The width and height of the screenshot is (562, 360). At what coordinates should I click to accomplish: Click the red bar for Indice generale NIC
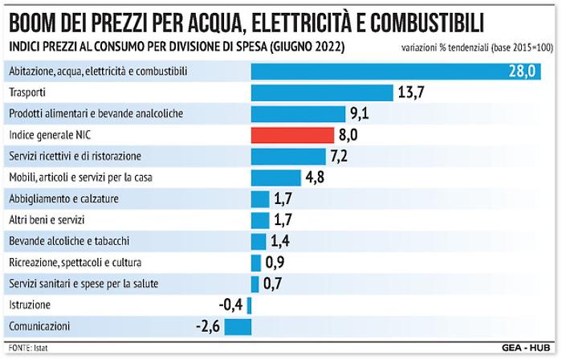coord(292,135)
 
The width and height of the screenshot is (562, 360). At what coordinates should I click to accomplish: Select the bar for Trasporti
coord(322,92)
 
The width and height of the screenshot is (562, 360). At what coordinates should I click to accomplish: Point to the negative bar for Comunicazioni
coord(238,326)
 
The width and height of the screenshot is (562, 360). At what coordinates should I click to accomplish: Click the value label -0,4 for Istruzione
coord(230,305)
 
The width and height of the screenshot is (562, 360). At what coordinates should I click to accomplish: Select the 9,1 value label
coord(359,113)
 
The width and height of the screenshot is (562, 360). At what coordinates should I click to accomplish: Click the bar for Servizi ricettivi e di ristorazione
coord(288,156)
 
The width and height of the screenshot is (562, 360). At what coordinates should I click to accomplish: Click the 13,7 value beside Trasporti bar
coord(410,92)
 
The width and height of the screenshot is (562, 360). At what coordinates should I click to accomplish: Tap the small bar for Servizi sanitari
coord(255,284)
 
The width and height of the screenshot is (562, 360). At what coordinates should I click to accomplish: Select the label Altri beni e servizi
coord(47,219)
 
